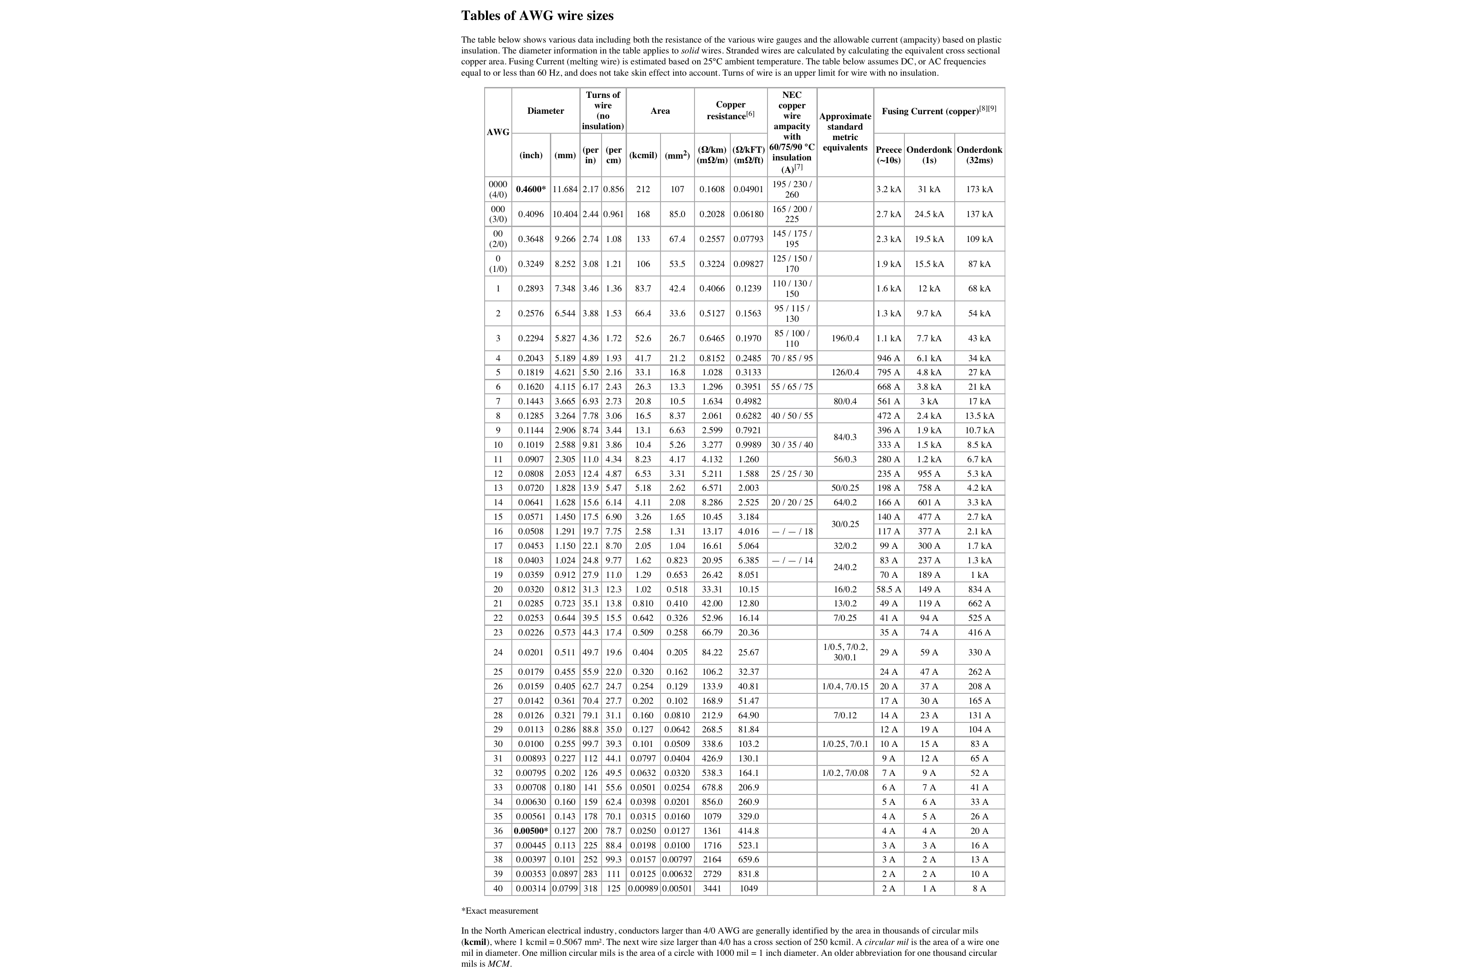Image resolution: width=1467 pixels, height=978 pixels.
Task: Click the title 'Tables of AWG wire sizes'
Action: (537, 15)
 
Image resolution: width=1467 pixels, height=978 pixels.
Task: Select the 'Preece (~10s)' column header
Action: (888, 155)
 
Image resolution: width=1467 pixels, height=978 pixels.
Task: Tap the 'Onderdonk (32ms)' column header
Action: (979, 155)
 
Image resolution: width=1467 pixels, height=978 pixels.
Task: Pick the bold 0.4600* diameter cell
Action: (531, 189)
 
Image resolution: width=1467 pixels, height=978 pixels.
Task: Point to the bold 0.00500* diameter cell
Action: (531, 831)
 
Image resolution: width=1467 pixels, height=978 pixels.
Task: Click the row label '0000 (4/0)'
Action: (498, 189)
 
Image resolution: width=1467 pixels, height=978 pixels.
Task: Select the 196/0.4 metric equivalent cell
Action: (845, 338)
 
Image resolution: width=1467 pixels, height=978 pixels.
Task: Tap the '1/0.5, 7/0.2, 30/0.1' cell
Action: (845, 652)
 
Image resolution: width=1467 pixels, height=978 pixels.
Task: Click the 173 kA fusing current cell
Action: (979, 189)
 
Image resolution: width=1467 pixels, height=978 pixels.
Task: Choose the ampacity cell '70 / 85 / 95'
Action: (792, 358)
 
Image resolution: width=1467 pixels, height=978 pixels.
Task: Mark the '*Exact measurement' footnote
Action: (499, 910)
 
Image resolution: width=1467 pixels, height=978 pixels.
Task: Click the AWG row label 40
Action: (498, 888)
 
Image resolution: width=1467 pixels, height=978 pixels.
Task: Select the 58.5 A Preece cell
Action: (888, 589)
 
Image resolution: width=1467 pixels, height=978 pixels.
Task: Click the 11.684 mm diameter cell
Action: (565, 189)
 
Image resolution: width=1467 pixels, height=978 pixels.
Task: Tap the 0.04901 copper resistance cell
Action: (748, 189)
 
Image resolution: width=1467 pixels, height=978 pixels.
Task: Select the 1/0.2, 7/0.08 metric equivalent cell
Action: (845, 773)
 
